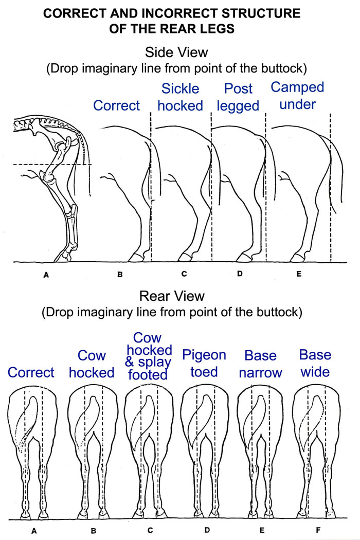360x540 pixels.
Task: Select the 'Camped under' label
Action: click(x=297, y=96)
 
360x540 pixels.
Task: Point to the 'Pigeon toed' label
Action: click(x=204, y=363)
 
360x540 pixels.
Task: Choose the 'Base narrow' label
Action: click(x=260, y=364)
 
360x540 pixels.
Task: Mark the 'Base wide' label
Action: click(x=315, y=363)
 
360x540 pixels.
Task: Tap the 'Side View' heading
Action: click(x=176, y=52)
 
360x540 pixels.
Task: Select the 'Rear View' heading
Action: click(x=172, y=296)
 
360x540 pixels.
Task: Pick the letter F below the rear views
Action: click(x=315, y=530)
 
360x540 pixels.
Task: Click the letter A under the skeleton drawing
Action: click(x=46, y=275)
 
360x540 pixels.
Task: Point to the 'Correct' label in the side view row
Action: click(x=117, y=105)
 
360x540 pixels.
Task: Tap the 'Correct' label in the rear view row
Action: click(x=31, y=372)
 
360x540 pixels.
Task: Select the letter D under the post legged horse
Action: click(x=240, y=274)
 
